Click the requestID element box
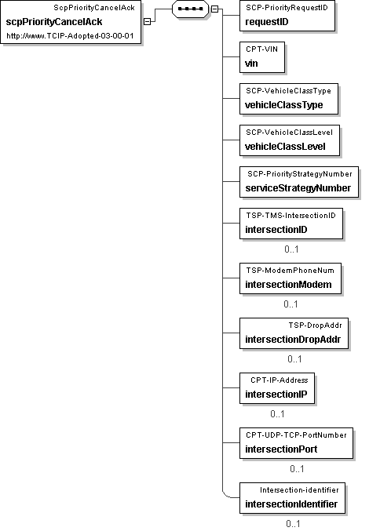tap(287, 16)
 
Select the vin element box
tap(262, 57)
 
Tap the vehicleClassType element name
tap(284, 105)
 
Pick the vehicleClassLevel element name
tap(285, 147)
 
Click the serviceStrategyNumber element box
tap(299, 182)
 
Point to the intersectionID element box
tap(291, 224)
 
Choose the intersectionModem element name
tap(288, 285)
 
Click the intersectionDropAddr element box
tap(294, 333)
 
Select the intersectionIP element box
tap(277, 388)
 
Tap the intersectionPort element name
tap(281, 449)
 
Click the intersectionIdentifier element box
tap(292, 498)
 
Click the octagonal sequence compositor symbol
tap(190, 9)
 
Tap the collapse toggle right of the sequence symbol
tap(214, 9)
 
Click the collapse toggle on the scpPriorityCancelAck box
tap(147, 21)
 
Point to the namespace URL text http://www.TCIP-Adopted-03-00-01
tap(70, 36)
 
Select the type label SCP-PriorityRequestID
tap(287, 8)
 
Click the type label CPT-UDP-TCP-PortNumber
tap(296, 435)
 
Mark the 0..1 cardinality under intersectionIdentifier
tap(293, 524)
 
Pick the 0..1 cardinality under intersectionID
tap(291, 249)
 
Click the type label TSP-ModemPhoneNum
tap(291, 271)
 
